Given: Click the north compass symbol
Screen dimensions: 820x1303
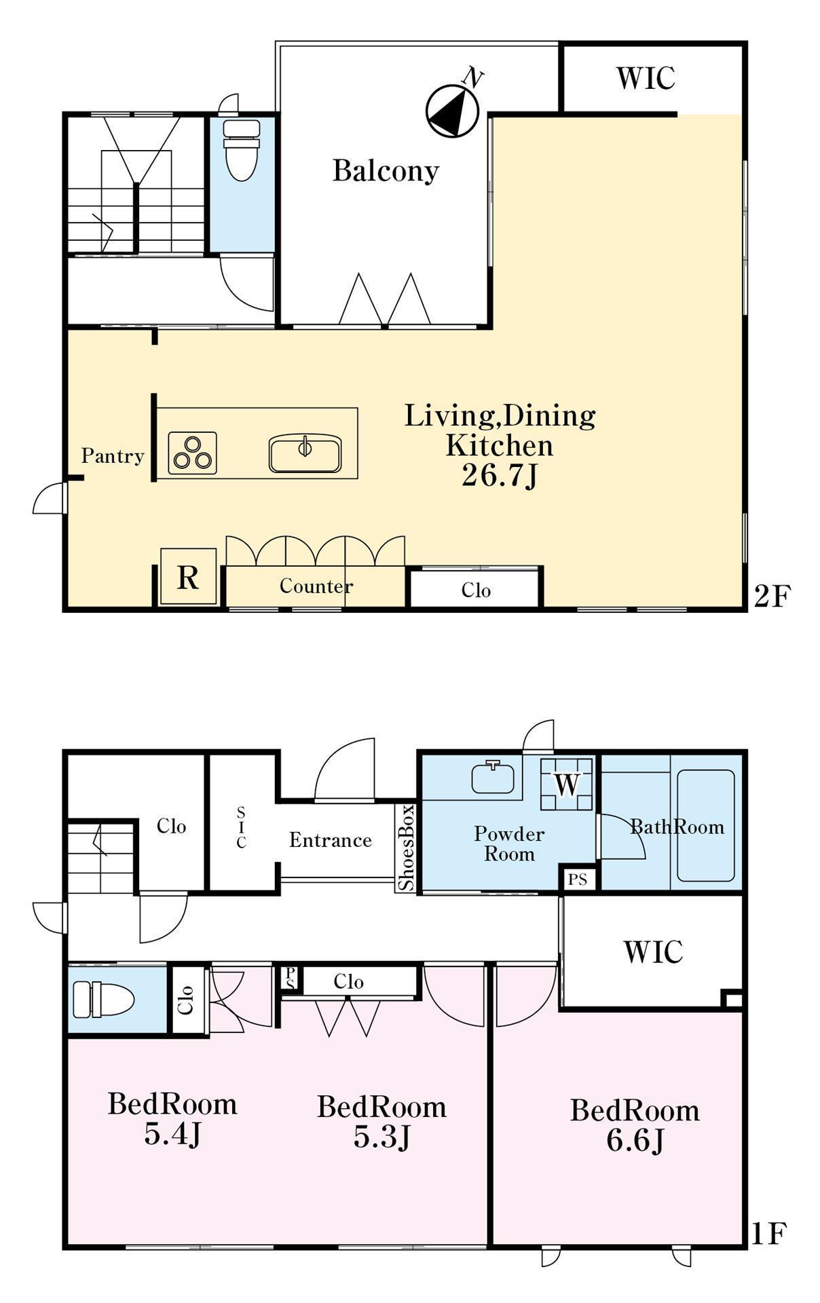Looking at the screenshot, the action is click(x=453, y=110).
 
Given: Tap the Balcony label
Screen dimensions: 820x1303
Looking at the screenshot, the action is click(x=386, y=170).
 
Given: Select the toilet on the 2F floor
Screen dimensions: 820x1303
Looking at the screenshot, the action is click(x=242, y=150).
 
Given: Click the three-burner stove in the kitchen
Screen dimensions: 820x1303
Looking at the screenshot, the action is click(x=192, y=453).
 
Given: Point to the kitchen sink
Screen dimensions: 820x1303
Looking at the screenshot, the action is click(x=305, y=453).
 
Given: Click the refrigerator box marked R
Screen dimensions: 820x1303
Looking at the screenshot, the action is click(x=188, y=577).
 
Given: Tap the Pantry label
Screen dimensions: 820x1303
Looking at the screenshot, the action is click(x=113, y=455).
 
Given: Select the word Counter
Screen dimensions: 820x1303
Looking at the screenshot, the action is click(x=316, y=586).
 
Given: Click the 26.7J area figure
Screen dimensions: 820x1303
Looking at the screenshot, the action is click(x=500, y=476).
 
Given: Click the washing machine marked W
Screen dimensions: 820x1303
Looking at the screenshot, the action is click(x=567, y=784).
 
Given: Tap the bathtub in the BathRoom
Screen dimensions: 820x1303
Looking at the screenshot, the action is click(x=706, y=825).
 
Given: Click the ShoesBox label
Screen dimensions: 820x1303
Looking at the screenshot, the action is click(x=406, y=848).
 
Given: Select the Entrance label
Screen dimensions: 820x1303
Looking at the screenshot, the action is click(x=331, y=840).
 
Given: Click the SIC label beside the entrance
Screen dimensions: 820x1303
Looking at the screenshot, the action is click(x=242, y=827).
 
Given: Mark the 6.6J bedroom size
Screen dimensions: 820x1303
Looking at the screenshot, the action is click(x=635, y=1141).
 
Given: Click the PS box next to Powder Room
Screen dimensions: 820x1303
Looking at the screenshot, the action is click(x=578, y=880).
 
